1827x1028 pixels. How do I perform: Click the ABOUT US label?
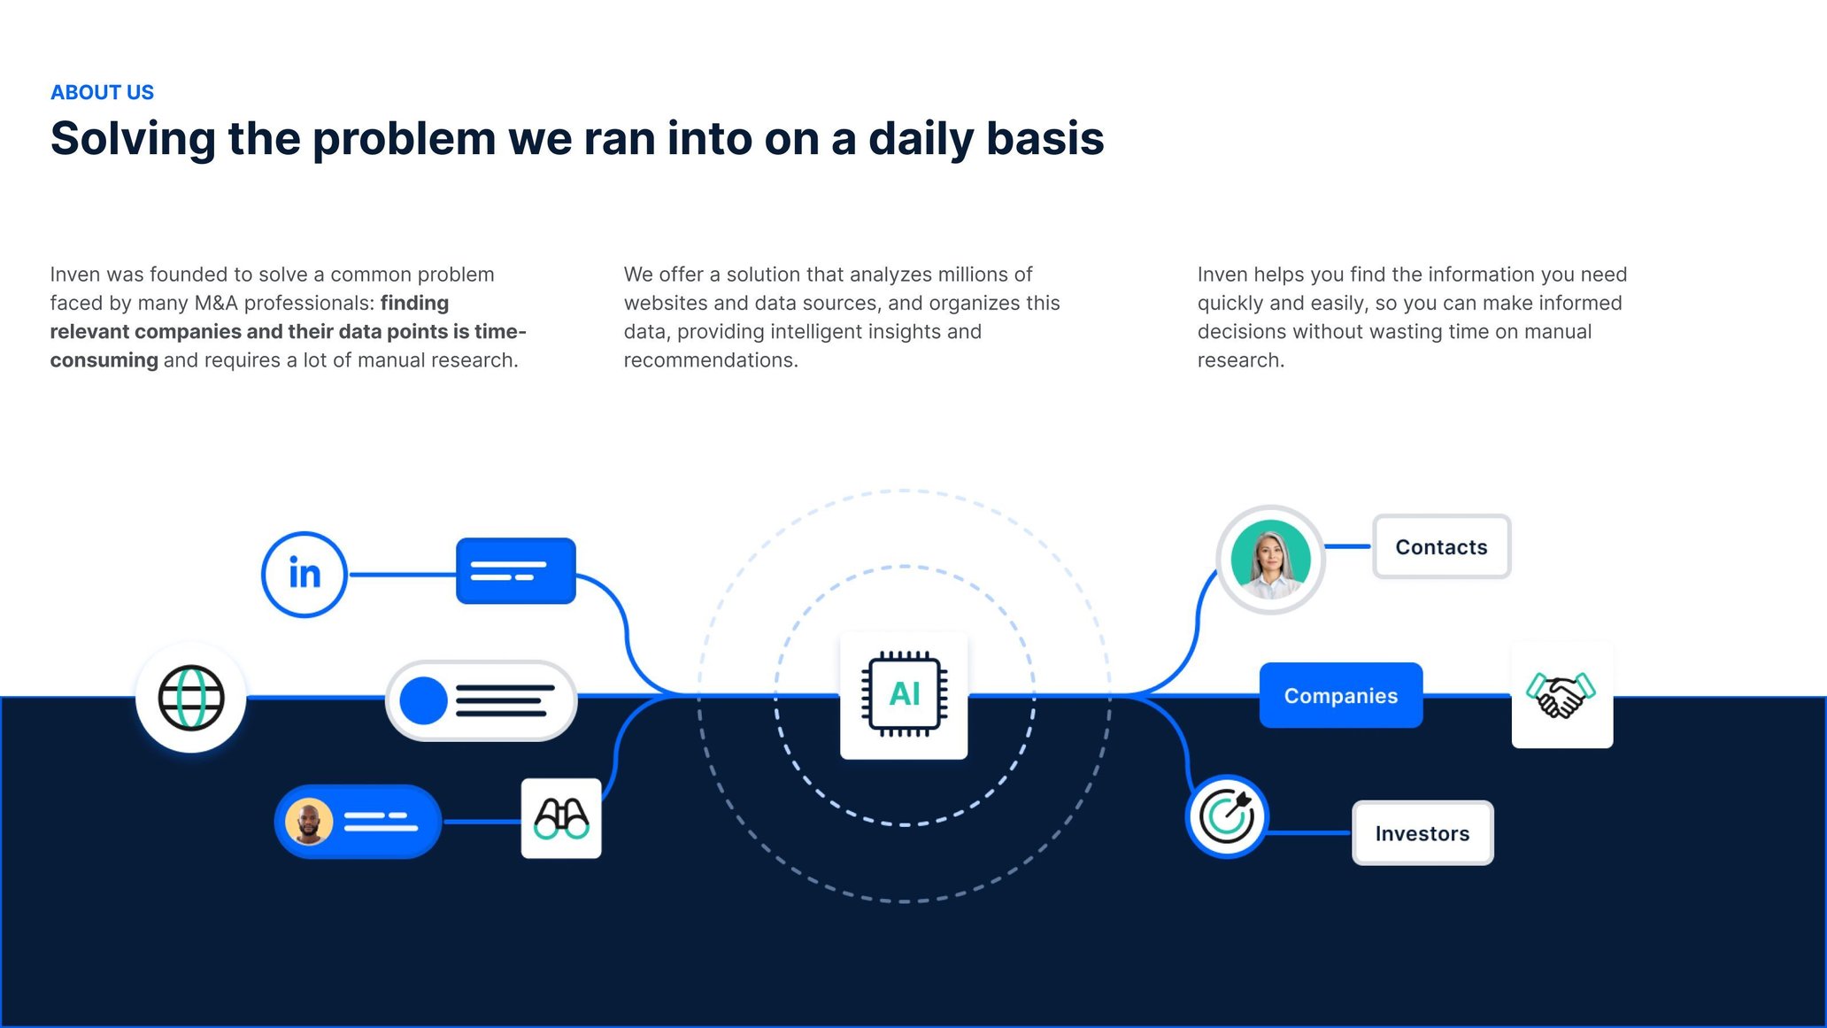coord(102,92)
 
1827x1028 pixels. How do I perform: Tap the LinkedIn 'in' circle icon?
coord(304,574)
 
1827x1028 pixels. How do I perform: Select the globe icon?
coord(190,698)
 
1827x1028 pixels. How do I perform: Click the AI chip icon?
coord(904,695)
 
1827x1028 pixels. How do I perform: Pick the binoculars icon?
coord(561,818)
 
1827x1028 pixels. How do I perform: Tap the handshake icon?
coord(1561,695)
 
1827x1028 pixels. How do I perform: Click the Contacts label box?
coord(1441,547)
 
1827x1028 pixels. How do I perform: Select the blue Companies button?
coord(1340,696)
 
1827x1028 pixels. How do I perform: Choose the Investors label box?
coord(1422,833)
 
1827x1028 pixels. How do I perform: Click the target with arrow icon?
coord(1227,815)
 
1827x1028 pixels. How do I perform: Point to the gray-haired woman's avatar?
coord(1270,560)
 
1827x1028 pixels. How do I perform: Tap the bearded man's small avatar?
coord(309,822)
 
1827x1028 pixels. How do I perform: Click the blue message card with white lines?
coord(515,571)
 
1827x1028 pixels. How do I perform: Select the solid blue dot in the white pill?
coord(423,700)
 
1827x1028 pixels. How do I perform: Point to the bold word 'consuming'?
coord(104,360)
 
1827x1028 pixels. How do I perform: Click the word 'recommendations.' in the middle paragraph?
coord(711,360)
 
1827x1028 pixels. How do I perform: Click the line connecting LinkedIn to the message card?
coord(402,575)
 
